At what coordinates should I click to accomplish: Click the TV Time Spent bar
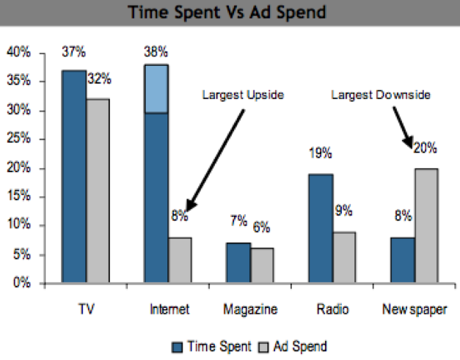[x=74, y=176]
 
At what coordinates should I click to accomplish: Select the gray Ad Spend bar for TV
[x=98, y=191]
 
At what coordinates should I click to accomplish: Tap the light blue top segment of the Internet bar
[x=156, y=89]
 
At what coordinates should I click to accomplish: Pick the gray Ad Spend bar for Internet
[x=180, y=260]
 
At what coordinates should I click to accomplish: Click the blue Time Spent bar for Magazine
[x=238, y=262]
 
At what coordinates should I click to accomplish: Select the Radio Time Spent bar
[x=320, y=228]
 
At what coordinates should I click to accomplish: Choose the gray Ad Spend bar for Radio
[x=343, y=257]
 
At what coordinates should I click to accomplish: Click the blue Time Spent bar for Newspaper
[x=402, y=260]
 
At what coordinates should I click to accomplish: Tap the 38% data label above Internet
[x=156, y=52]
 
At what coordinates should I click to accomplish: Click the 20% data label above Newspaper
[x=425, y=148]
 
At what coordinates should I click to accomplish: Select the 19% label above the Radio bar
[x=320, y=154]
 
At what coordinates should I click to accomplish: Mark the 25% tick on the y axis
[x=20, y=139]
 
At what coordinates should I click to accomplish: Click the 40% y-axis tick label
[x=20, y=53]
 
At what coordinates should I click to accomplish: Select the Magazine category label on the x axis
[x=250, y=309]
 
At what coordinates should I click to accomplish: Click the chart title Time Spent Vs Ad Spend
[x=229, y=12]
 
